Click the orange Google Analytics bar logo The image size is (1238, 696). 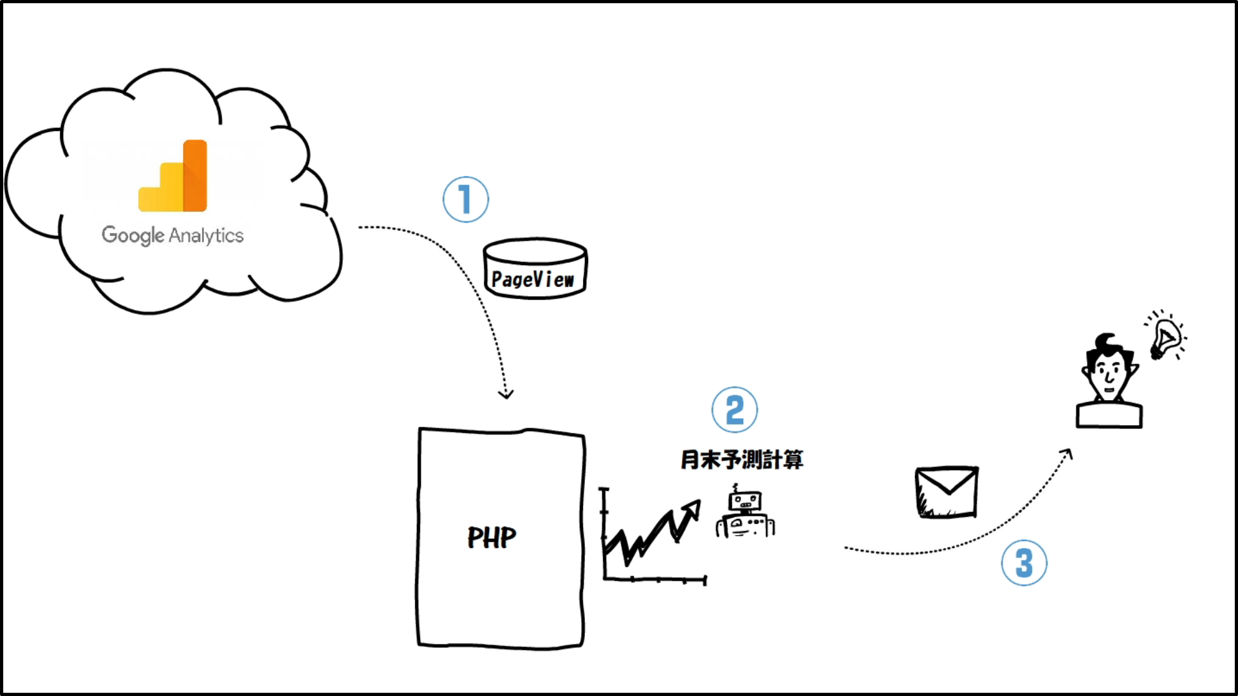coord(173,176)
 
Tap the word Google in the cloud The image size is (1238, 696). coord(133,235)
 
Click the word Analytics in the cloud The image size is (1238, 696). coord(206,236)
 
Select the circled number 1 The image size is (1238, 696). coord(465,199)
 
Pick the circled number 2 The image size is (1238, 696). coord(734,410)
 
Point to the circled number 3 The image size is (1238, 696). coord(1024,563)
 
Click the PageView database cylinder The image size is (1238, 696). coord(535,269)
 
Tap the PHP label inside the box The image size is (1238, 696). coord(492,538)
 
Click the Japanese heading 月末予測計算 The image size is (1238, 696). coord(742,460)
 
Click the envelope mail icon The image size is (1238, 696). coord(947,492)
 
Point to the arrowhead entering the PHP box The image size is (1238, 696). coord(506,393)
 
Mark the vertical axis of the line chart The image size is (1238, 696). coord(604,534)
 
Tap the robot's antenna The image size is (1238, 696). coord(735,488)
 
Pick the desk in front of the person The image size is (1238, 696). coord(1109,415)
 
